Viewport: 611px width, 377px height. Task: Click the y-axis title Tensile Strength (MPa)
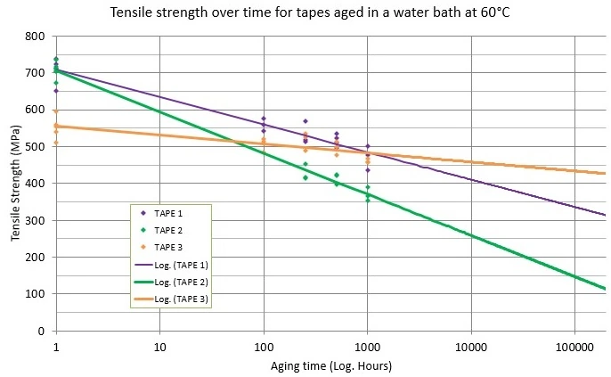[x=14, y=184]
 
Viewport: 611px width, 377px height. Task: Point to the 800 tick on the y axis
[x=35, y=37]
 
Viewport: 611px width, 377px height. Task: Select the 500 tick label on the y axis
[x=35, y=147]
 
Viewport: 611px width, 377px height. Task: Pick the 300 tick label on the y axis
[x=35, y=220]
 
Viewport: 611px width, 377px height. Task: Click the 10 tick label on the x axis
[x=159, y=345]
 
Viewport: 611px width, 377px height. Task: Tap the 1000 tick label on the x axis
[x=367, y=345]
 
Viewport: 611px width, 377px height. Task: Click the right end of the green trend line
[x=605, y=289]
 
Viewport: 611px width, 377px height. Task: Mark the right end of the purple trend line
[x=605, y=215]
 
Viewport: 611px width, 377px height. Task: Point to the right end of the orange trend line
[x=605, y=173]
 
